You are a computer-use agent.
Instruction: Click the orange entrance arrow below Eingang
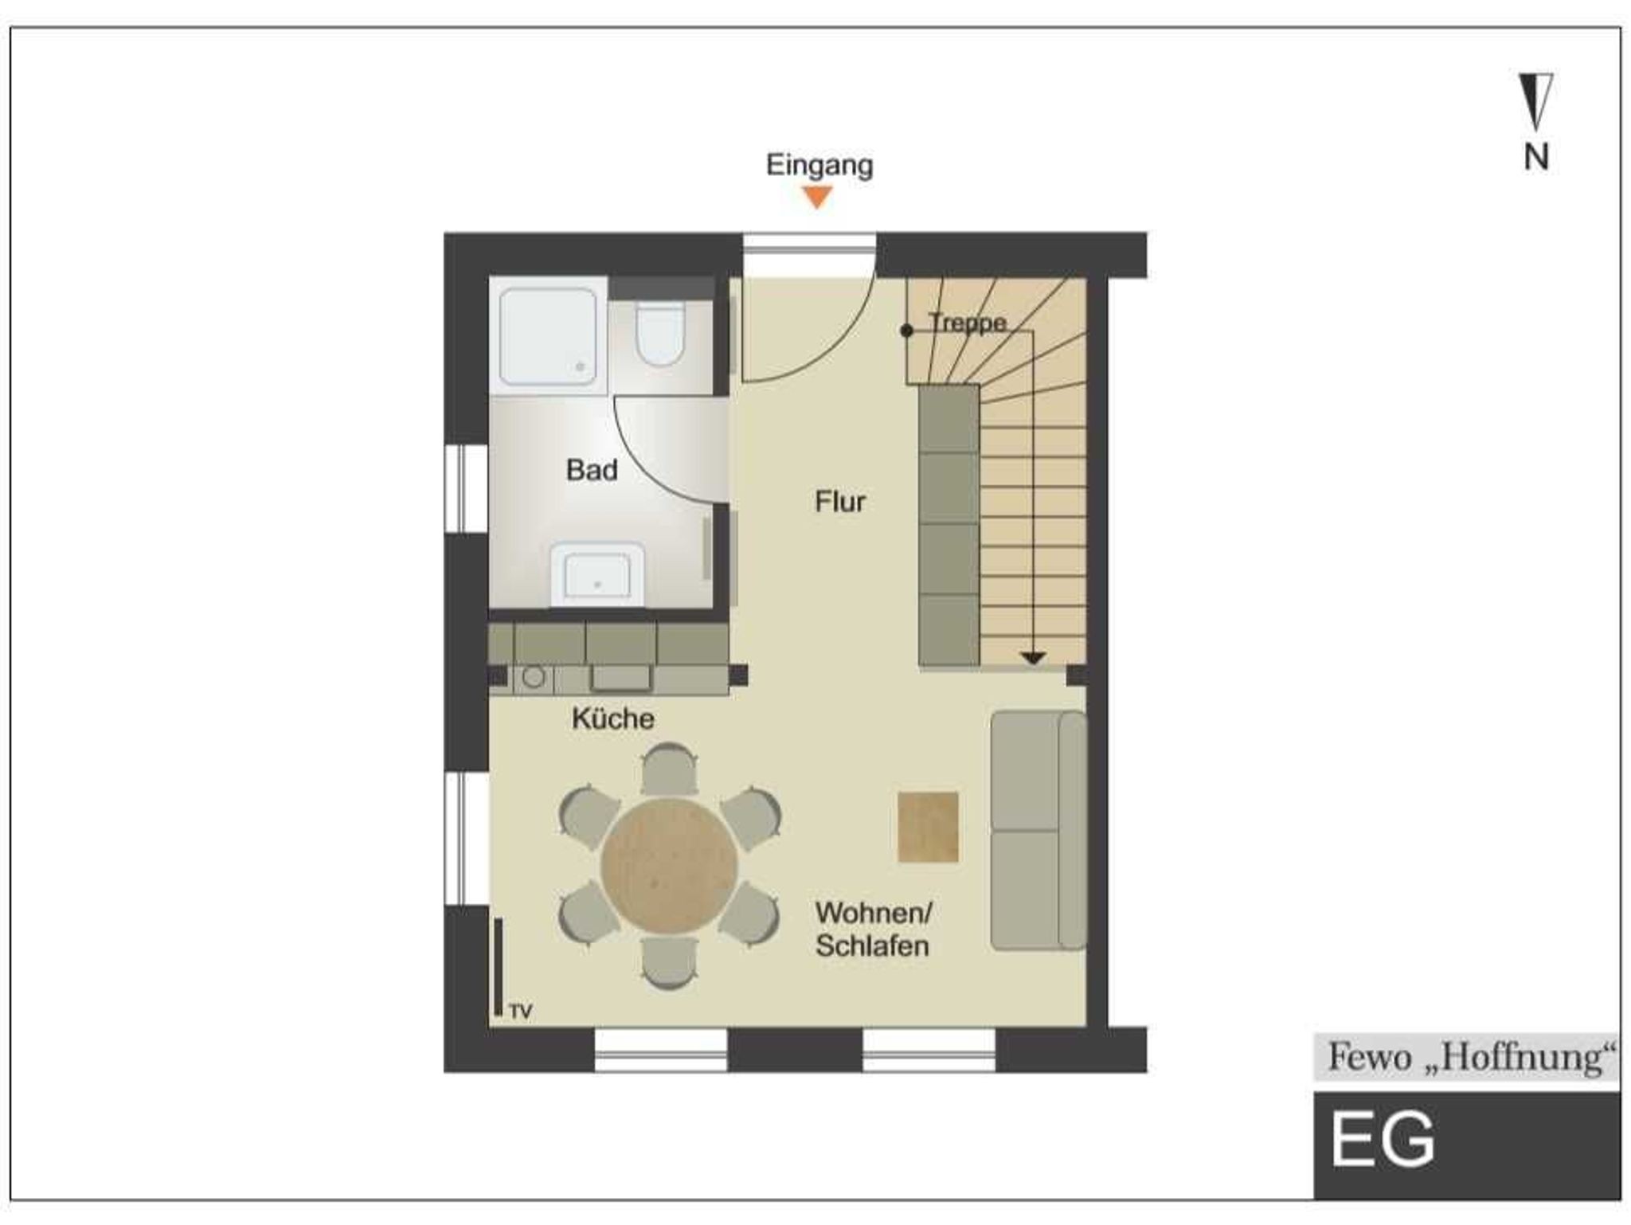(817, 196)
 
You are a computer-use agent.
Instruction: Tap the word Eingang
(819, 166)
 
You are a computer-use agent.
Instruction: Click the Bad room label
(592, 470)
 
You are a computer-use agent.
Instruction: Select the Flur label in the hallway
(840, 502)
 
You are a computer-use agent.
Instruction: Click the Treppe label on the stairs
(968, 323)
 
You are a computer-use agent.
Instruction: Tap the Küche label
(613, 718)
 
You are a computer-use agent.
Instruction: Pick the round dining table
(669, 866)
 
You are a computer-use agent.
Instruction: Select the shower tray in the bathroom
(548, 337)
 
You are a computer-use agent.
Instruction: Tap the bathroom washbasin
(597, 574)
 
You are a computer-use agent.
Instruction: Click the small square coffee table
(928, 827)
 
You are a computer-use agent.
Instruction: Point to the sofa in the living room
(1039, 831)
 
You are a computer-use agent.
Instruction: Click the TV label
(521, 1012)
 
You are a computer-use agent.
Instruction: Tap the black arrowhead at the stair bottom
(1033, 658)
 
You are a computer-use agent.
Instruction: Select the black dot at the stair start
(906, 331)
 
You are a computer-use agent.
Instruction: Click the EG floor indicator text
(1383, 1140)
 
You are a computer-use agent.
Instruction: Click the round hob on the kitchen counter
(534, 678)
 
